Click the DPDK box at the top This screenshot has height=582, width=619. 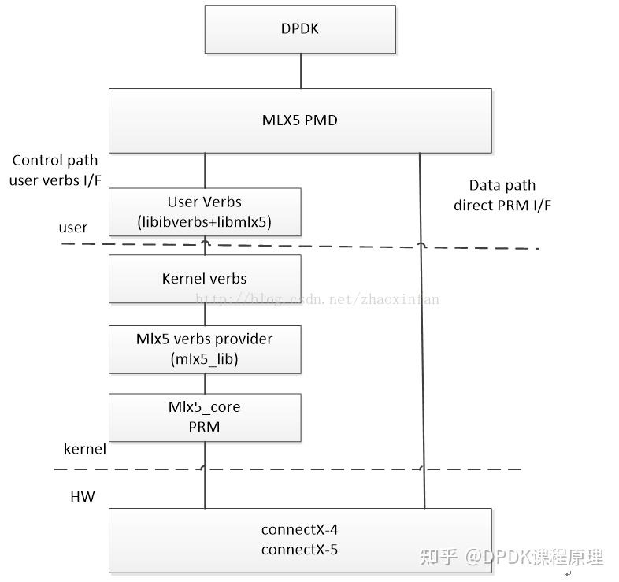click(x=300, y=29)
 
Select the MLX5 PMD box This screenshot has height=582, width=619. click(x=300, y=120)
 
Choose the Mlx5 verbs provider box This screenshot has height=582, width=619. click(x=205, y=349)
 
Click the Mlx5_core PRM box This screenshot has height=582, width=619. click(x=205, y=417)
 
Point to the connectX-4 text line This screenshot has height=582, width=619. click(x=299, y=529)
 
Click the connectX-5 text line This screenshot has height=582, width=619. click(x=299, y=550)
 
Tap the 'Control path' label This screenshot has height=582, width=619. click(x=55, y=161)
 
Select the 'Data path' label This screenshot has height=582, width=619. click(x=502, y=186)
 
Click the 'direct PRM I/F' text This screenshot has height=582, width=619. click(x=502, y=206)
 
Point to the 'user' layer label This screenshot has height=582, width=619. click(x=73, y=228)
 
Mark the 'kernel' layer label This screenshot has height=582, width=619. click(x=84, y=448)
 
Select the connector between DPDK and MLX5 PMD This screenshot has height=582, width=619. click(x=300, y=71)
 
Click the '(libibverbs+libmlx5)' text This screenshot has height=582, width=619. click(x=205, y=222)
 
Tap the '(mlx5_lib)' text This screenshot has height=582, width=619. click(x=205, y=359)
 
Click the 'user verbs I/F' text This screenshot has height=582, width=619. click(x=55, y=180)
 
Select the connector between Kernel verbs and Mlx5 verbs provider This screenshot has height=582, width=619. click(x=206, y=313)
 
